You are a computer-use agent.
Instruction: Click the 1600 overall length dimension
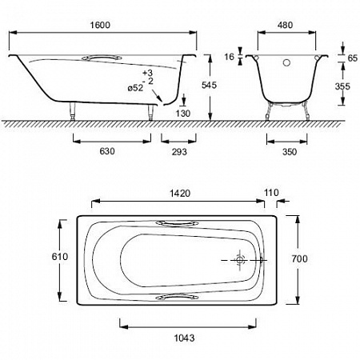pyautogui.click(x=100, y=25)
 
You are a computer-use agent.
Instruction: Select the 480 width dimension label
pyautogui.click(x=285, y=25)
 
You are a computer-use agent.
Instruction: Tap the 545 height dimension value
pyautogui.click(x=209, y=85)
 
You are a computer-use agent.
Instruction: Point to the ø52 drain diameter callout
pyautogui.click(x=135, y=87)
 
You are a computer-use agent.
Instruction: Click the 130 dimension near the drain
pyautogui.click(x=183, y=114)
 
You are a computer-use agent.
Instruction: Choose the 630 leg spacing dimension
pyautogui.click(x=107, y=151)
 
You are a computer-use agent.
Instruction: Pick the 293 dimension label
pyautogui.click(x=179, y=152)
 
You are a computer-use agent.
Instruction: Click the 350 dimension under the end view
pyautogui.click(x=290, y=152)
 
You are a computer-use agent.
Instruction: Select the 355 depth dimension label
pyautogui.click(x=342, y=86)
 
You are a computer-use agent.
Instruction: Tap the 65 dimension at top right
pyautogui.click(x=353, y=58)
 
